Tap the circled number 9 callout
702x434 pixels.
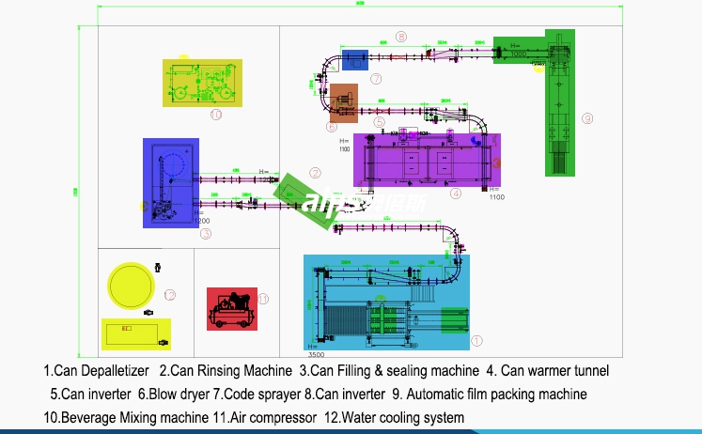pos(586,118)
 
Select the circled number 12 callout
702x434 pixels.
pos(170,295)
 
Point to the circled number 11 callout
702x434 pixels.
pos(264,300)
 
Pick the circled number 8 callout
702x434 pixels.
pos(401,38)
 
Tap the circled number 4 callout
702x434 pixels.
pos(455,194)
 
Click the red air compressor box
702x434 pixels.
pos(231,309)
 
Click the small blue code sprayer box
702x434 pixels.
pos(354,60)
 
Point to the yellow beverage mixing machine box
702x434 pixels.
pos(203,83)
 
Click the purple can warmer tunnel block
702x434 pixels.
pos(426,160)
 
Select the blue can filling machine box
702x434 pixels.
pos(170,182)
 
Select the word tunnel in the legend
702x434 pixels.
pos(587,371)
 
